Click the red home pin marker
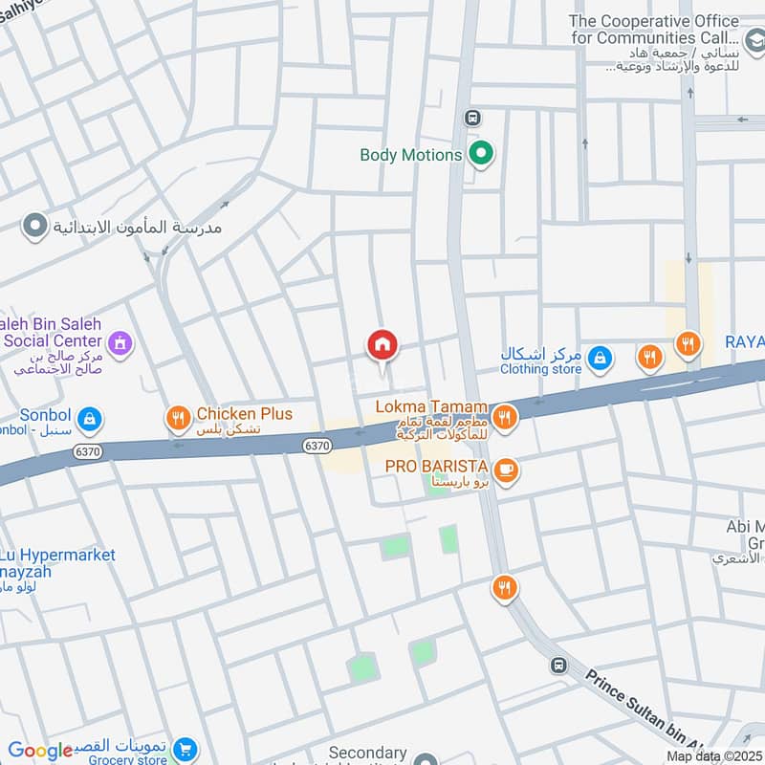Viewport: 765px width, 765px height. tap(382, 345)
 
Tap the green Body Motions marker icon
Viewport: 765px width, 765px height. tap(482, 154)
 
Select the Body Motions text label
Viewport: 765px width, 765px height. tap(411, 155)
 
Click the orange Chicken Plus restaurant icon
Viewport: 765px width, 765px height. tap(177, 417)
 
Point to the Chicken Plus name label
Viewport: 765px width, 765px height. tap(244, 414)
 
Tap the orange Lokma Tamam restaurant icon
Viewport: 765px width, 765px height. tap(505, 416)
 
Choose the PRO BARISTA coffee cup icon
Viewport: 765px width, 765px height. tap(506, 469)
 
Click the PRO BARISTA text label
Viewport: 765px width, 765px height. tap(437, 466)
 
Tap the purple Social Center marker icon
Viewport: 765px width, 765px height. tap(120, 342)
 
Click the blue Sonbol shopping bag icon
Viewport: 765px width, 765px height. tap(89, 418)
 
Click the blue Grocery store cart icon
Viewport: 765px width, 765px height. tap(186, 750)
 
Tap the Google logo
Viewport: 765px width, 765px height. tap(40, 751)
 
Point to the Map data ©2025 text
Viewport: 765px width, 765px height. tap(712, 755)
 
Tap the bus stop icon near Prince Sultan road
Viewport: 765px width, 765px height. tap(558, 665)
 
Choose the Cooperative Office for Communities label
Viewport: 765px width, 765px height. tap(667, 30)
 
